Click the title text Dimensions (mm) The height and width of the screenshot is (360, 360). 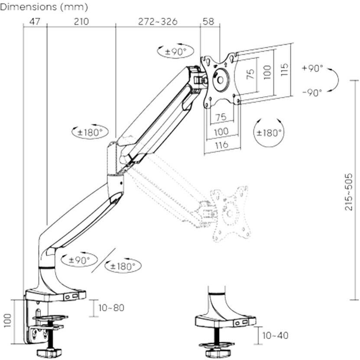pos(44,7)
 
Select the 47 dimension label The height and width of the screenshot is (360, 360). pos(35,22)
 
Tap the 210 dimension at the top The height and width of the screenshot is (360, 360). pos(81,22)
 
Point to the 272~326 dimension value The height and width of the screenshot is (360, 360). pos(158,22)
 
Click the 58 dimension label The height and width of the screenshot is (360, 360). pos(209,22)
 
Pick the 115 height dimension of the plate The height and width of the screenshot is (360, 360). pos(284,70)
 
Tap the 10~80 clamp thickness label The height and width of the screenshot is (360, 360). pos(111,308)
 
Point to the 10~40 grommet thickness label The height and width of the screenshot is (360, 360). pos(275,335)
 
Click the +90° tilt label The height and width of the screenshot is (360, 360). pos(313,68)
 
